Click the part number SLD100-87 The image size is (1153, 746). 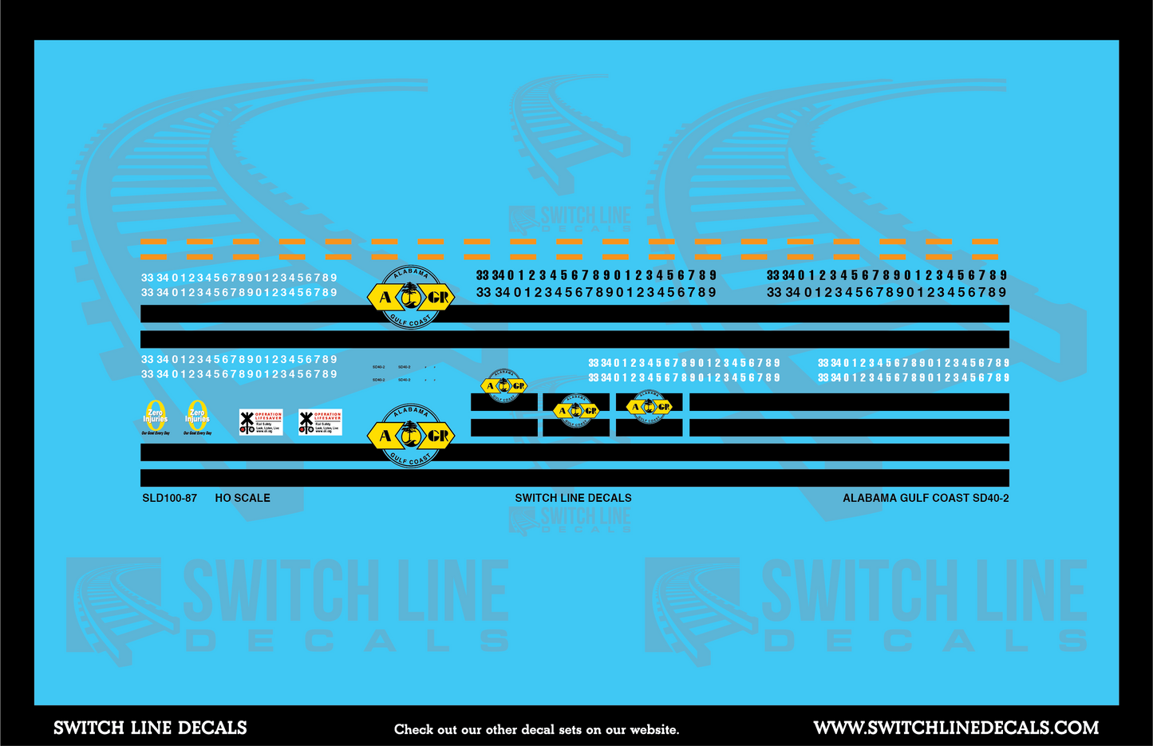click(x=169, y=498)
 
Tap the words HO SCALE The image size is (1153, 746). click(x=243, y=498)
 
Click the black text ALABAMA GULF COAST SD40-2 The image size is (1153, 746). click(x=926, y=498)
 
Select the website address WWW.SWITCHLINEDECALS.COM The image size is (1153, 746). click(x=956, y=728)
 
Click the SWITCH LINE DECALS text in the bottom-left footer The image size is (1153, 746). click(x=150, y=728)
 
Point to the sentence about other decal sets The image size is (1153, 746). click(x=536, y=729)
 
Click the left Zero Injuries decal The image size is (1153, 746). click(x=156, y=417)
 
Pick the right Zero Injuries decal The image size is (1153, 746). click(x=197, y=417)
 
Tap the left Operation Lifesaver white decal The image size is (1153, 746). click(x=261, y=422)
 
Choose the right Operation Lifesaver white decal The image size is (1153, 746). click(x=320, y=422)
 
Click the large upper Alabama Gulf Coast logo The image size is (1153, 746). click(x=411, y=298)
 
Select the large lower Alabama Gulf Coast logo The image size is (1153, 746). click(x=411, y=436)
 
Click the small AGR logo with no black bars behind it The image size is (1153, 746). click(x=503, y=386)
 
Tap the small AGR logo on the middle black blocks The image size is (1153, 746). click(x=575, y=411)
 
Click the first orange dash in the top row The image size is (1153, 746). click(x=153, y=242)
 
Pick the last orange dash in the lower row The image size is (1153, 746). click(x=985, y=256)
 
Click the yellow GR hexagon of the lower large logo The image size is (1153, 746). click(x=438, y=436)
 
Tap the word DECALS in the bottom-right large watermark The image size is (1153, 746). click(x=926, y=641)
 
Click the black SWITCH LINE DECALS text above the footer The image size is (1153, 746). click(x=573, y=498)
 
